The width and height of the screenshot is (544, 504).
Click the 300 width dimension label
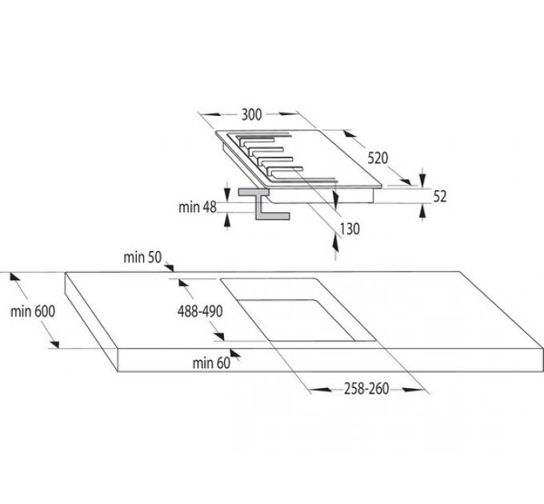click(x=251, y=114)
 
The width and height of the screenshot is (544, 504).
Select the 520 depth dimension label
click(x=378, y=158)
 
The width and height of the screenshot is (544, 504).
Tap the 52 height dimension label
click(x=440, y=196)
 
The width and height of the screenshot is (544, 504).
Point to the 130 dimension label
click(x=349, y=229)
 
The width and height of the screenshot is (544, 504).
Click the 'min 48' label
click(x=198, y=207)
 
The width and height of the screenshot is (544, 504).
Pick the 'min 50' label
click(x=142, y=257)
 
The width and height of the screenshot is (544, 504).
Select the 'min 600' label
click(x=33, y=312)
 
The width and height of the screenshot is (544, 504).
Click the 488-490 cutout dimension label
click(x=199, y=311)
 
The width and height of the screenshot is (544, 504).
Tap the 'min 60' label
click(x=210, y=363)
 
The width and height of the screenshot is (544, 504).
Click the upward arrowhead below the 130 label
click(x=334, y=238)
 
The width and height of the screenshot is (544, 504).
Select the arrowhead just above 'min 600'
click(x=14, y=277)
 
